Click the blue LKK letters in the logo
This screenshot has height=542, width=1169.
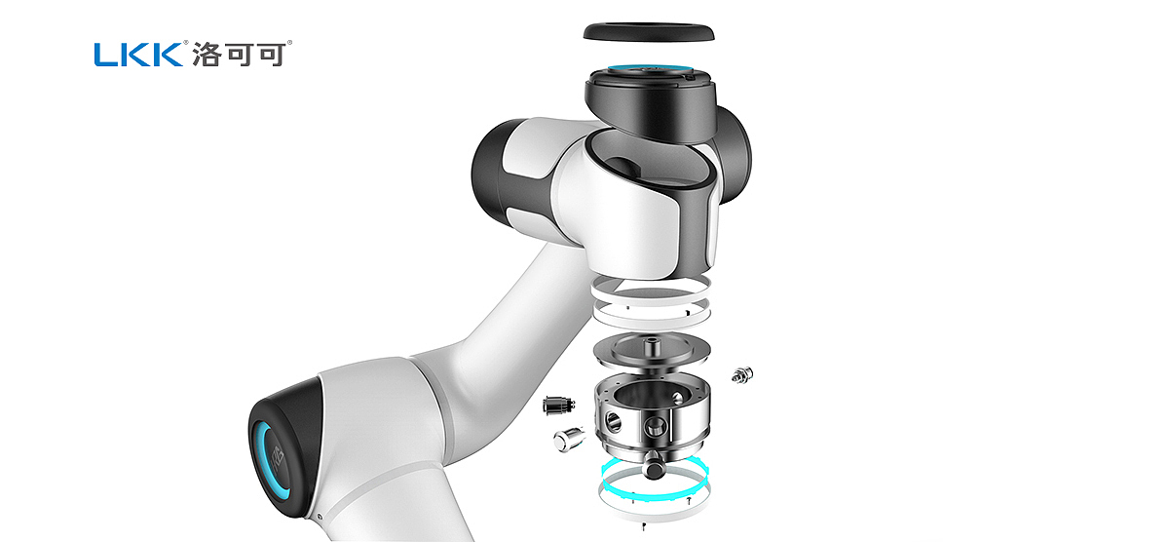pyautogui.click(x=138, y=55)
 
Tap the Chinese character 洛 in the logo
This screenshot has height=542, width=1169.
pyautogui.click(x=207, y=55)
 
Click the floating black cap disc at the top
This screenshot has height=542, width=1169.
pyautogui.click(x=648, y=32)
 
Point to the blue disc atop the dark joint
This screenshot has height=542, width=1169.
pyautogui.click(x=650, y=69)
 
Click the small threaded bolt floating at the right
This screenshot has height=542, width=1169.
pyautogui.click(x=742, y=375)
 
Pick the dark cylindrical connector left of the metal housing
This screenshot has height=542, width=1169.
pyautogui.click(x=558, y=406)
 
